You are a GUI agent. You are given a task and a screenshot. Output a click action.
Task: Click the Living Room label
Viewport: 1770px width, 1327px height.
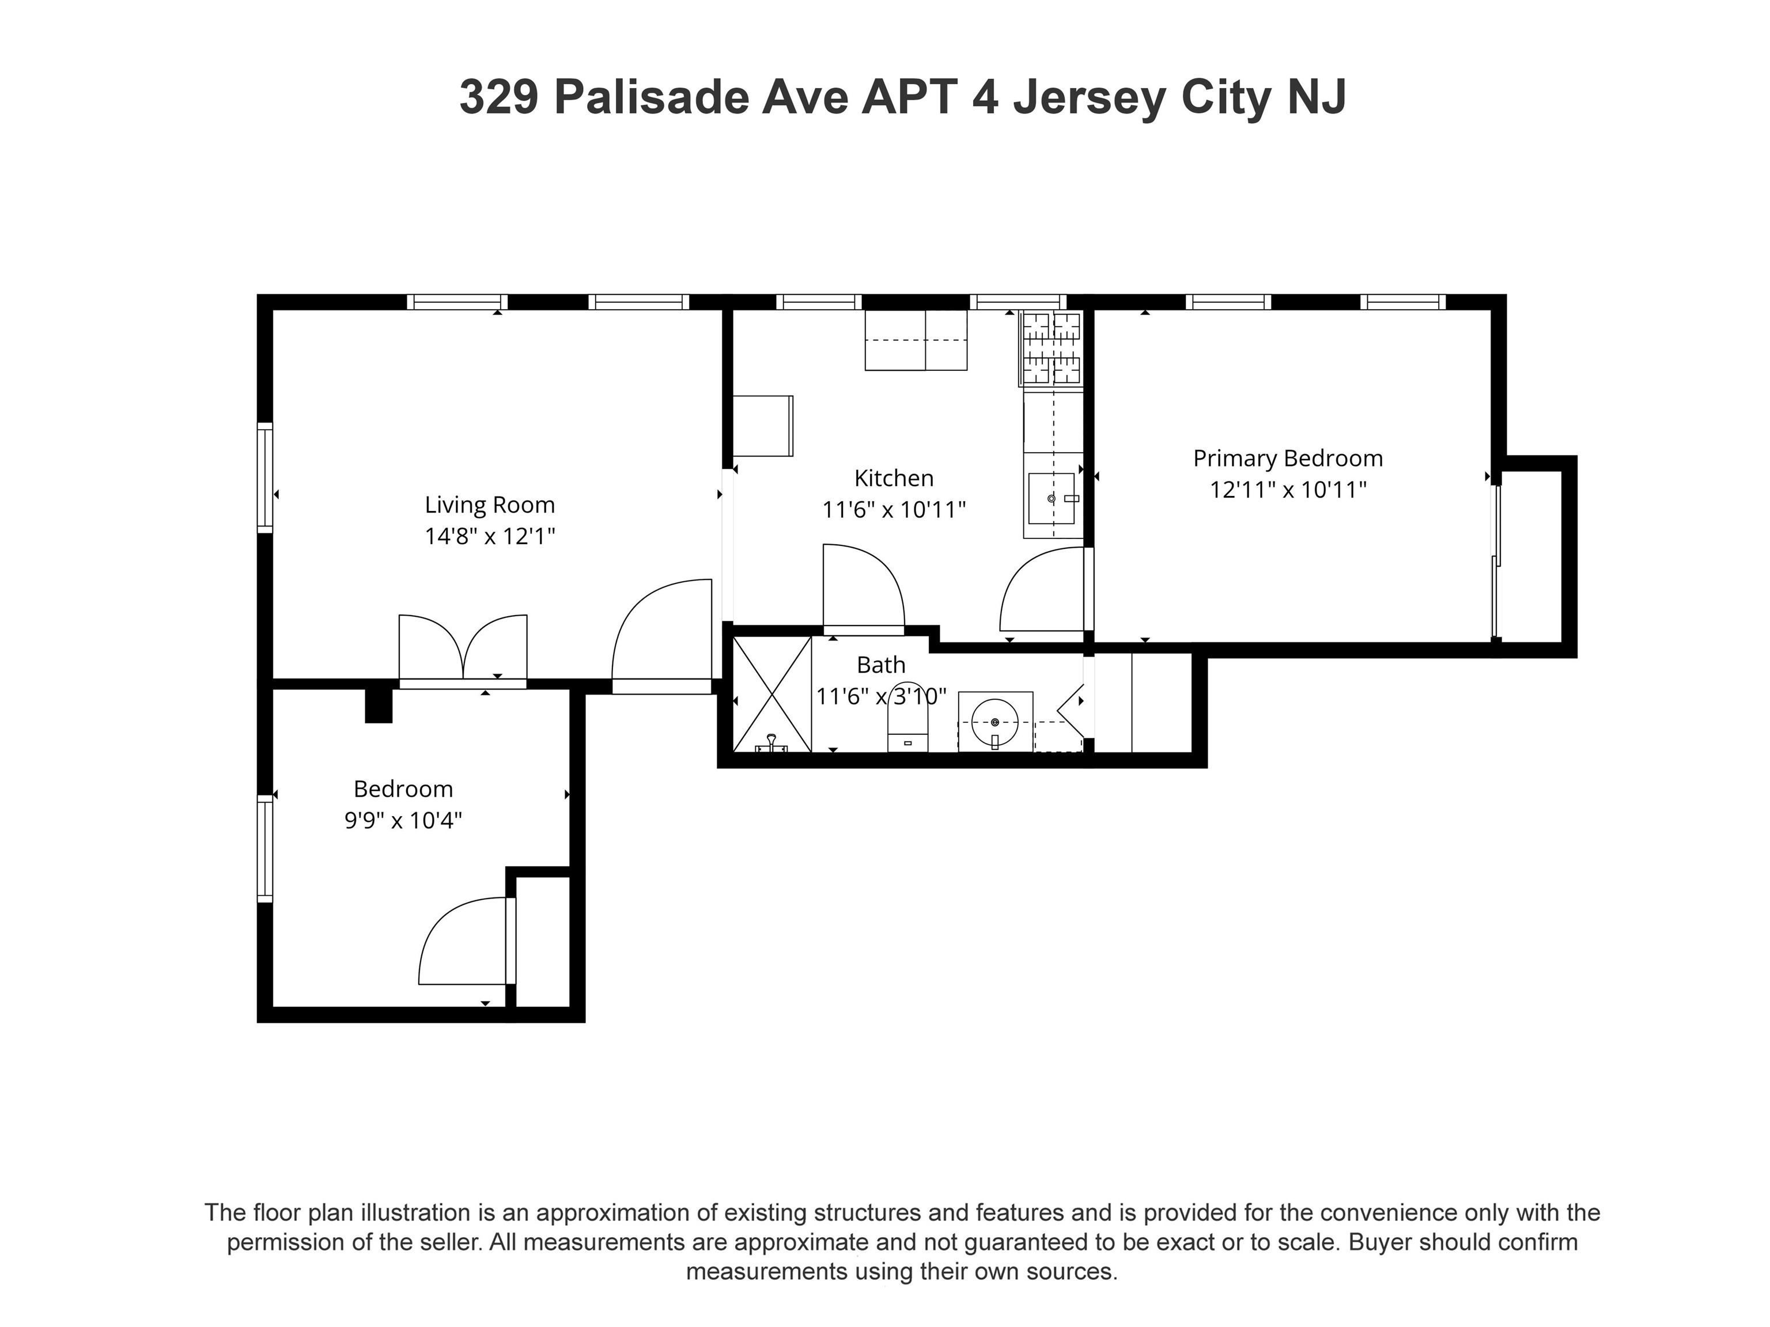(489, 505)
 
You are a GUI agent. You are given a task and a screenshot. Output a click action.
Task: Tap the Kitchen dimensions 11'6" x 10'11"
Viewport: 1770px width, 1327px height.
(894, 510)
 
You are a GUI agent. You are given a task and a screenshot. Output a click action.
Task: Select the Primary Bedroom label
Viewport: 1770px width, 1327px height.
(1288, 458)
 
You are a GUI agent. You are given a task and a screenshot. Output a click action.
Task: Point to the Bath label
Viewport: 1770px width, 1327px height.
(881, 665)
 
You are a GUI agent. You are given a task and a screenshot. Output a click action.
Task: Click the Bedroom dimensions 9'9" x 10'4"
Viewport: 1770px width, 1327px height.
(403, 821)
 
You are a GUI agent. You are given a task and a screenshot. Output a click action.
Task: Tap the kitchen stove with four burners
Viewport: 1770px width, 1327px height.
(1052, 349)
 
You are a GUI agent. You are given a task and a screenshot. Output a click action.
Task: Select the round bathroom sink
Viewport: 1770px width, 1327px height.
(994, 722)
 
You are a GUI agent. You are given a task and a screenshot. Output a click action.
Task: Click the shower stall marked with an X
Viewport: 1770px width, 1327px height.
(772, 694)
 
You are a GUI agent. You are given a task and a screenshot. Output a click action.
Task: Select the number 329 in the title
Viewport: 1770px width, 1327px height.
(498, 97)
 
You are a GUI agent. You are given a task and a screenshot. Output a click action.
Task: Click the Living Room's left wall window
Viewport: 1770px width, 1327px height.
(265, 477)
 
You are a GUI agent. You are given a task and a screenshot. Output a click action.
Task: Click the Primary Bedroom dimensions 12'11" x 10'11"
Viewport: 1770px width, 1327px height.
(1288, 490)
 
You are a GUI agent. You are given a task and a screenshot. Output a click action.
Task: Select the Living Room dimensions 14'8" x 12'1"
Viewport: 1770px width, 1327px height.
(489, 536)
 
